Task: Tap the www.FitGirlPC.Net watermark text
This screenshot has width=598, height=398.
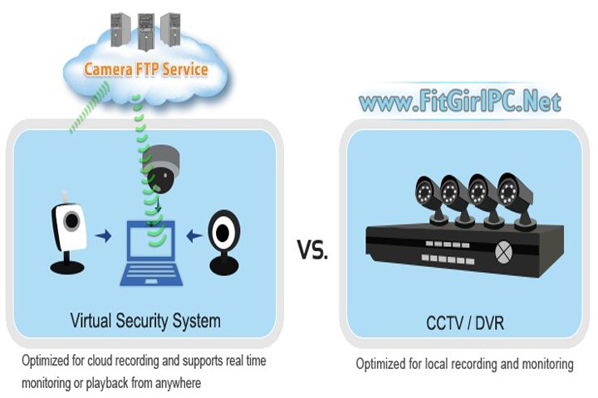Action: [459, 103]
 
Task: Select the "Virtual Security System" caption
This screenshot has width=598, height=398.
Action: [145, 319]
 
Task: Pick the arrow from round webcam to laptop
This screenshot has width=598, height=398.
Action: [194, 238]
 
